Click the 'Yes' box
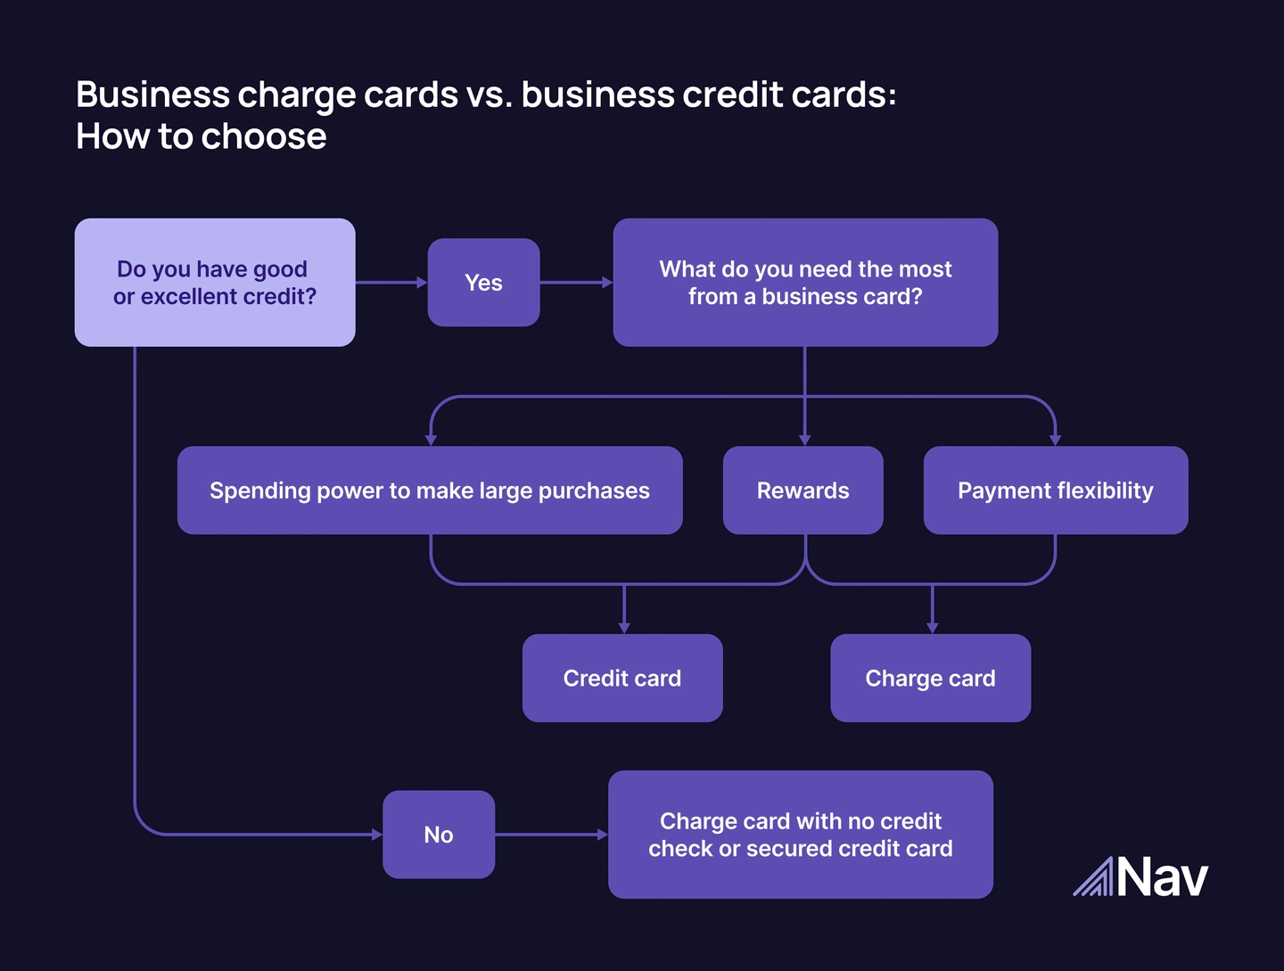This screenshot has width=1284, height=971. tap(483, 283)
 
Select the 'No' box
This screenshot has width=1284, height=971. tap(439, 835)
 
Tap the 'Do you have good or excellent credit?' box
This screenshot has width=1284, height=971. tap(215, 283)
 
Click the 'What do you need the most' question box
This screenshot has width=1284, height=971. tap(805, 283)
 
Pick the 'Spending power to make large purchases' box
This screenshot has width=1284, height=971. tap(430, 490)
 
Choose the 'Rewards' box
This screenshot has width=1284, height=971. tap(802, 490)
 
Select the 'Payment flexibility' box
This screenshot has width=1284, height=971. tap(1056, 490)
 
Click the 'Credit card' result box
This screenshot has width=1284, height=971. tap(622, 679)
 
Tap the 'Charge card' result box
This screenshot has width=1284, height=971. tap(930, 679)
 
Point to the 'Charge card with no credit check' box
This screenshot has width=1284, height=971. tap(801, 835)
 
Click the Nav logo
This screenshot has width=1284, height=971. tap(1140, 877)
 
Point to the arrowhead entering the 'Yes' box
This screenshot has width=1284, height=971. tap(422, 283)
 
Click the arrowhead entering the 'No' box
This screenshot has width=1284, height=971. tap(377, 835)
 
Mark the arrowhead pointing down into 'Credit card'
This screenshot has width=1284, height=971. tap(624, 628)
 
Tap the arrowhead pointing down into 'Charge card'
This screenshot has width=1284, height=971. tap(933, 628)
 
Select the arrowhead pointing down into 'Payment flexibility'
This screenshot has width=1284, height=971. tap(1056, 440)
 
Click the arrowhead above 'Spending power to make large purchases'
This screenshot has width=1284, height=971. tap(431, 440)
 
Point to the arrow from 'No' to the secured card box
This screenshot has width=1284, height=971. tap(551, 835)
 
